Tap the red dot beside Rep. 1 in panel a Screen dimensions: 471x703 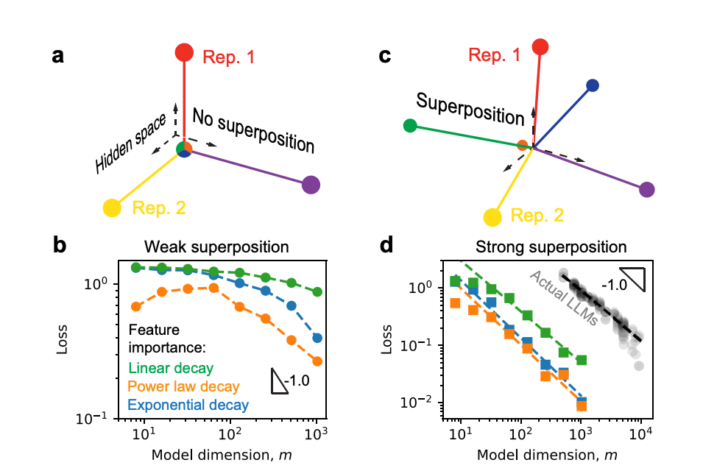point(184,53)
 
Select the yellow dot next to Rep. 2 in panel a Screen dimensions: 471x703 point(112,208)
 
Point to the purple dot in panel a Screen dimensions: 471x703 point(311,185)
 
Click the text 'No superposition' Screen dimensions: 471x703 point(253,130)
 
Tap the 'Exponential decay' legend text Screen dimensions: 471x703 point(188,405)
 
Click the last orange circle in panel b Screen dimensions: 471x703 point(317,361)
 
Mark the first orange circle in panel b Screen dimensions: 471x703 point(136,306)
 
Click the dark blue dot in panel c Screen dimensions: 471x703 point(593,86)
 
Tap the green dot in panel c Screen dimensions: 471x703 point(411,126)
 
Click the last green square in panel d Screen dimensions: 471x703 point(581,360)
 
